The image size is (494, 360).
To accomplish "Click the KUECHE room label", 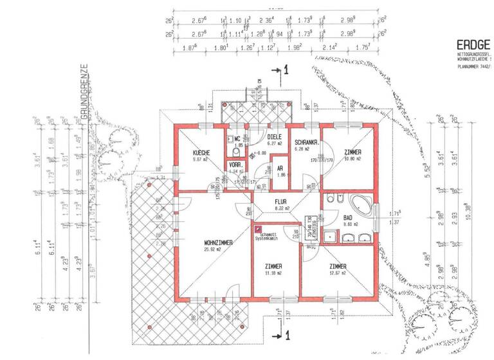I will pos(193,152).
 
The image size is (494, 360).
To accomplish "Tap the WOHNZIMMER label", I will pos(203,242).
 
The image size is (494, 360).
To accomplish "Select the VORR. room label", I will pos(235,165).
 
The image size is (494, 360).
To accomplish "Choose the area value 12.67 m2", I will pos(338,273).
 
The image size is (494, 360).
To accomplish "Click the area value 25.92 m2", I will pos(203,249).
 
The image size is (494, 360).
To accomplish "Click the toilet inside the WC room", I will pos(236,154).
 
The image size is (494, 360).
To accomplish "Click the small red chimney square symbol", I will pos(259,228).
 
